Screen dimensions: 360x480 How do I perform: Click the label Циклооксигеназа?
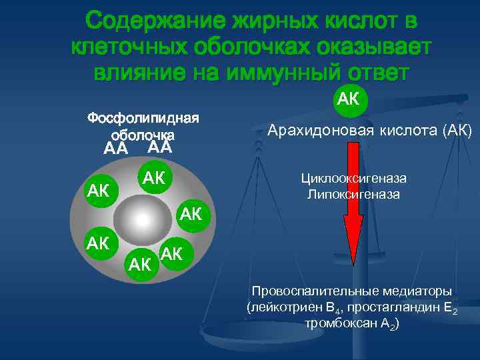pyautogui.click(x=353, y=179)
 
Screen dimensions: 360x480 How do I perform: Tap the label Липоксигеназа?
pyautogui.click(x=353, y=194)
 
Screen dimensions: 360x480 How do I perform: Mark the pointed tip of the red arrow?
pyautogui.click(x=353, y=245)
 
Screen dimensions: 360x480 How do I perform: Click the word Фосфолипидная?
pyautogui.click(x=143, y=119)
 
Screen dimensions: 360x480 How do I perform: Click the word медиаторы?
pyautogui.click(x=421, y=291)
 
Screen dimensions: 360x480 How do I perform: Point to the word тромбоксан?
pyautogui.click(x=337, y=324)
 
